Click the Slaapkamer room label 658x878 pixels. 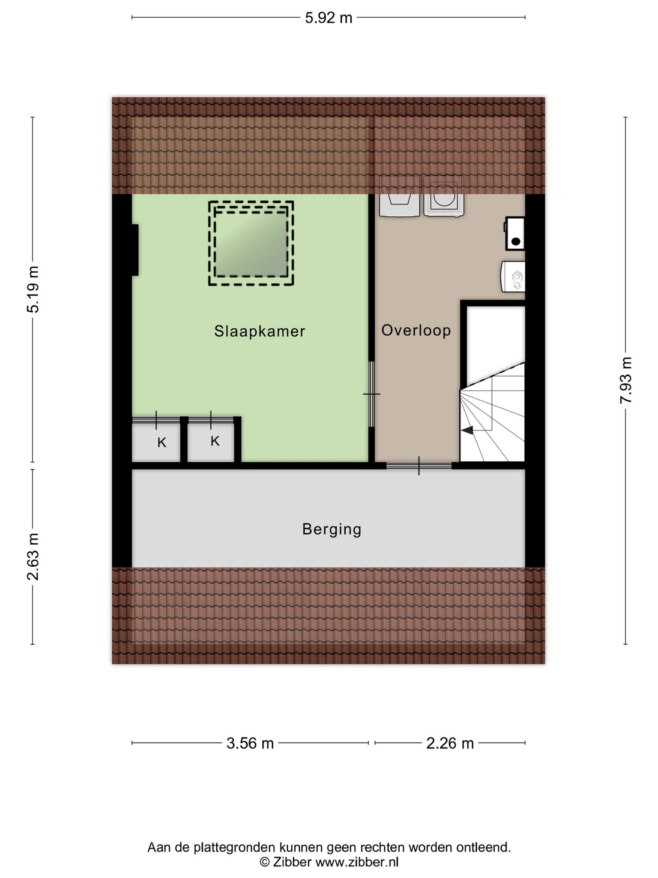tap(260, 331)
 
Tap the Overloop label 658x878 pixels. tap(416, 331)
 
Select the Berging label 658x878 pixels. tap(332, 529)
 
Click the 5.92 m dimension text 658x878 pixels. tap(329, 18)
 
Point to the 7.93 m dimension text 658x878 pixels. tap(626, 380)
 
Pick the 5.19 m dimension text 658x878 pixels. tap(33, 289)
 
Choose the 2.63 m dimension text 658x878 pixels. tap(33, 556)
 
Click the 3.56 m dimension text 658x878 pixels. tap(250, 743)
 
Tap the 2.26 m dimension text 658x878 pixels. tap(450, 743)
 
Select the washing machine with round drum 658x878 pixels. tap(444, 196)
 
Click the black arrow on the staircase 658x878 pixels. tap(467, 430)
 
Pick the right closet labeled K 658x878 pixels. tap(211, 442)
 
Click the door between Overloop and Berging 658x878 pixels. tap(419, 466)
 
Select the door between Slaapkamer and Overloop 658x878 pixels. tap(371, 394)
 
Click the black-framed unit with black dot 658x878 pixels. tap(515, 234)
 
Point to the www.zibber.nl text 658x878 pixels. tap(357, 862)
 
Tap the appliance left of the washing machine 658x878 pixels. tap(399, 196)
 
